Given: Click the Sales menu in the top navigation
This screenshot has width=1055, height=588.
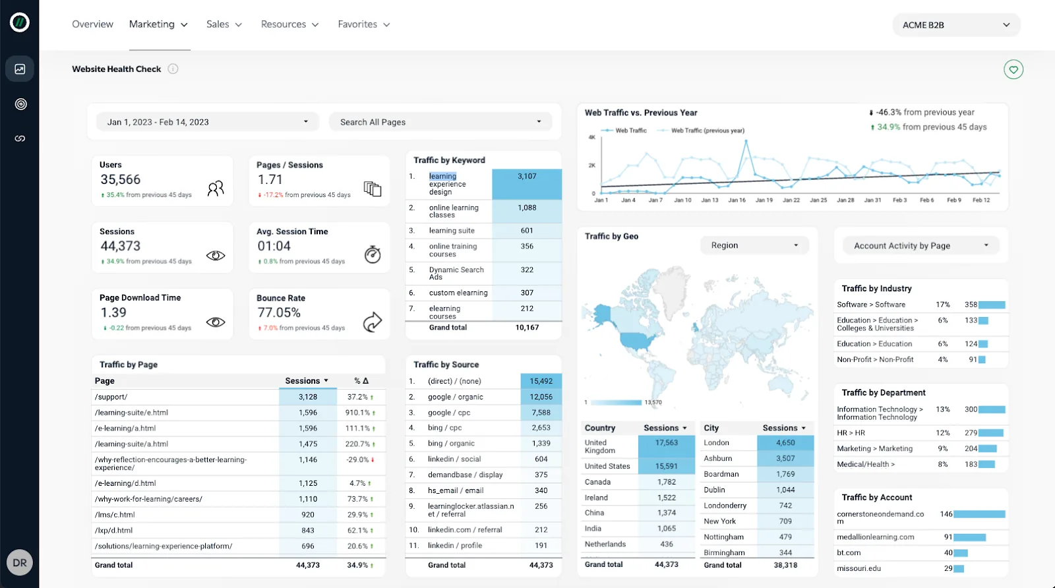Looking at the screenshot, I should [224, 24].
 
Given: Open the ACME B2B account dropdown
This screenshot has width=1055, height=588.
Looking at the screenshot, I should [955, 25].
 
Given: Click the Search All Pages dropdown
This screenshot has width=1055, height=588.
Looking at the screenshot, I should [440, 122].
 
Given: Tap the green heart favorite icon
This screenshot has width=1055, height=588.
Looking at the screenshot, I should [1013, 69].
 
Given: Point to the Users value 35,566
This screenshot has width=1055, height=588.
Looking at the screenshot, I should [121, 179].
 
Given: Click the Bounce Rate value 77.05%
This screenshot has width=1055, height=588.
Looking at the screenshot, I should [279, 312].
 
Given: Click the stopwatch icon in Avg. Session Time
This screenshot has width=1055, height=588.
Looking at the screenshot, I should [373, 254].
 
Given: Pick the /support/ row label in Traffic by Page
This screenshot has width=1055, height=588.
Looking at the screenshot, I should [111, 397].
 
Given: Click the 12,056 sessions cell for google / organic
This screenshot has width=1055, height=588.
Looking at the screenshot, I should [541, 397].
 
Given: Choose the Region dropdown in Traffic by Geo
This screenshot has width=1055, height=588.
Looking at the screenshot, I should [754, 245].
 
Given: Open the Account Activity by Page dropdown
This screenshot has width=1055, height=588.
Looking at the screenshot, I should [920, 246].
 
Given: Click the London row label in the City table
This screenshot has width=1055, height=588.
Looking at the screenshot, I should [717, 443].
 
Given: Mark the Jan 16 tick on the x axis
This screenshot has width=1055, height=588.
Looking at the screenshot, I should [737, 200].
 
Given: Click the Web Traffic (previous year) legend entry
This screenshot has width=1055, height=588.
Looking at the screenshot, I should [707, 131].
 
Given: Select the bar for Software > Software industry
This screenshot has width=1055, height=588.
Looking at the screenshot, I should [992, 305].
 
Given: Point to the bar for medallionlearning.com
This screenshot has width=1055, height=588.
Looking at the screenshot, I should [969, 537].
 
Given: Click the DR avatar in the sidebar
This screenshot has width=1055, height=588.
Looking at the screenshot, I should [20, 563].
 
